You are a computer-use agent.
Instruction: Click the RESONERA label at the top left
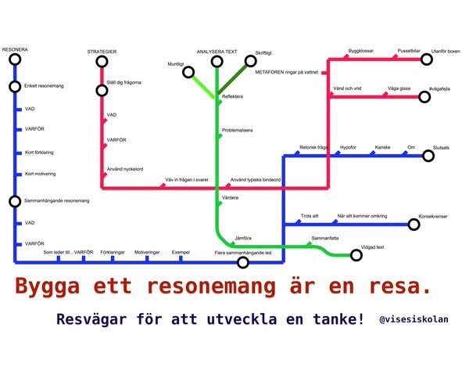pos(16,51)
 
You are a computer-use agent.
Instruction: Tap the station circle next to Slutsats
pos(428,157)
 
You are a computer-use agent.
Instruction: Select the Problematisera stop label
pos(241,129)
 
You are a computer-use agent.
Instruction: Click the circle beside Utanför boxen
pos(427,59)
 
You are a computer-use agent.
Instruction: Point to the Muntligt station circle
pos(188,73)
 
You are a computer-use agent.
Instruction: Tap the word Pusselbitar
pos(410,49)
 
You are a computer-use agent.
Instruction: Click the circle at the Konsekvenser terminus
pos(412,225)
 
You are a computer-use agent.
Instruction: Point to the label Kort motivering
pos(41,173)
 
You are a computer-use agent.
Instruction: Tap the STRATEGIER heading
pos(102,51)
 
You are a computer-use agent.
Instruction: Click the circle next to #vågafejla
pos(425,98)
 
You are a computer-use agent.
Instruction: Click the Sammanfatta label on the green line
pos(324,236)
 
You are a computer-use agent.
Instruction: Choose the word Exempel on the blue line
pos(181,253)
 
